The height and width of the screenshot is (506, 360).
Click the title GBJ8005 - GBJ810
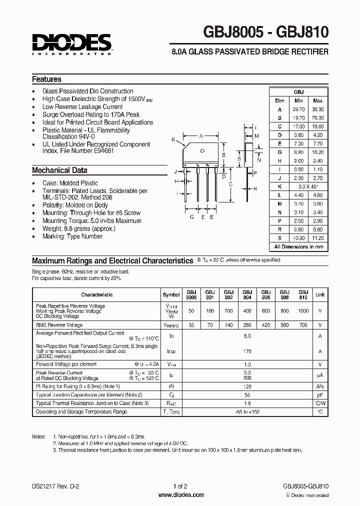tap(265, 32)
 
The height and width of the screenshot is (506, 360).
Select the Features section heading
tap(46, 79)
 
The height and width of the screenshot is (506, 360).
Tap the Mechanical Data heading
tap(59, 170)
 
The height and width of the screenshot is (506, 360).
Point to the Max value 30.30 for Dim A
tap(317, 109)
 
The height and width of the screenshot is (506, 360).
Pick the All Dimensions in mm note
tap(298, 246)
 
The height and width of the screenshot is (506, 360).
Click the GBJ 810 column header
tap(303, 294)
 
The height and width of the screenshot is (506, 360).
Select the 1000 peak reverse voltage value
tap(303, 310)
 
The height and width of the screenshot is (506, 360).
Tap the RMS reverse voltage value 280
tap(247, 324)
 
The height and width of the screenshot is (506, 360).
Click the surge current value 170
tap(247, 351)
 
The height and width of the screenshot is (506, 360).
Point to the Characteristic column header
tap(97, 295)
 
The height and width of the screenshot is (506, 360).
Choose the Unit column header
tap(320, 295)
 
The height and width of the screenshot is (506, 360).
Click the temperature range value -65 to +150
tap(247, 411)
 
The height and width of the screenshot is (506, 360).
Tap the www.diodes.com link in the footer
tap(180, 495)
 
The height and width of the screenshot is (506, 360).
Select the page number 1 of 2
tap(180, 486)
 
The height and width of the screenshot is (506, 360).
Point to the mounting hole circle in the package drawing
tap(202, 150)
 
